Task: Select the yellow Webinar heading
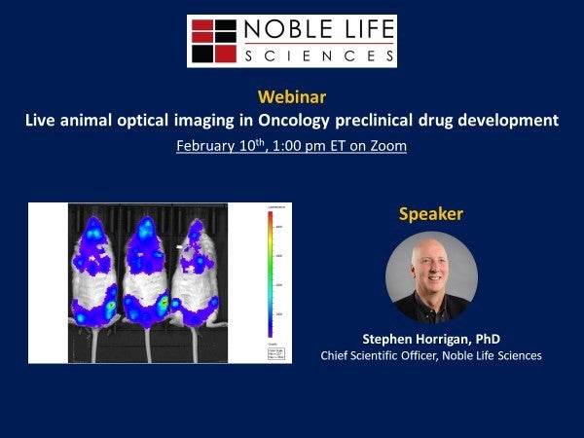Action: pyautogui.click(x=292, y=97)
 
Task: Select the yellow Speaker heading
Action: pyautogui.click(x=431, y=213)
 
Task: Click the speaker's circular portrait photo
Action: pyautogui.click(x=431, y=277)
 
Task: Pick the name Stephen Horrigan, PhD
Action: pyautogui.click(x=431, y=339)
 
